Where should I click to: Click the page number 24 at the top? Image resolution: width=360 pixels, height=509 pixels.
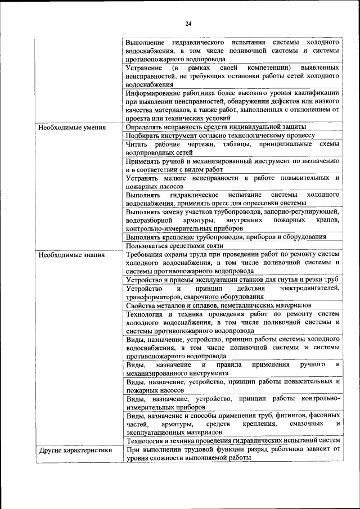[x=188, y=23]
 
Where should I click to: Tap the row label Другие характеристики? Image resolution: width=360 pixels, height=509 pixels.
[x=75, y=449]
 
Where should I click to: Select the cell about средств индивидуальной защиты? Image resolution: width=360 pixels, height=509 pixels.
[x=216, y=128]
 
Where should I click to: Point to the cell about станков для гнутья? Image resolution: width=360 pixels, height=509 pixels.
[x=231, y=280]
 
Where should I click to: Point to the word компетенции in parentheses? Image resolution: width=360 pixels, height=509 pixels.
[x=258, y=68]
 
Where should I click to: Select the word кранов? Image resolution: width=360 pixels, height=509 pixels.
[x=328, y=220]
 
